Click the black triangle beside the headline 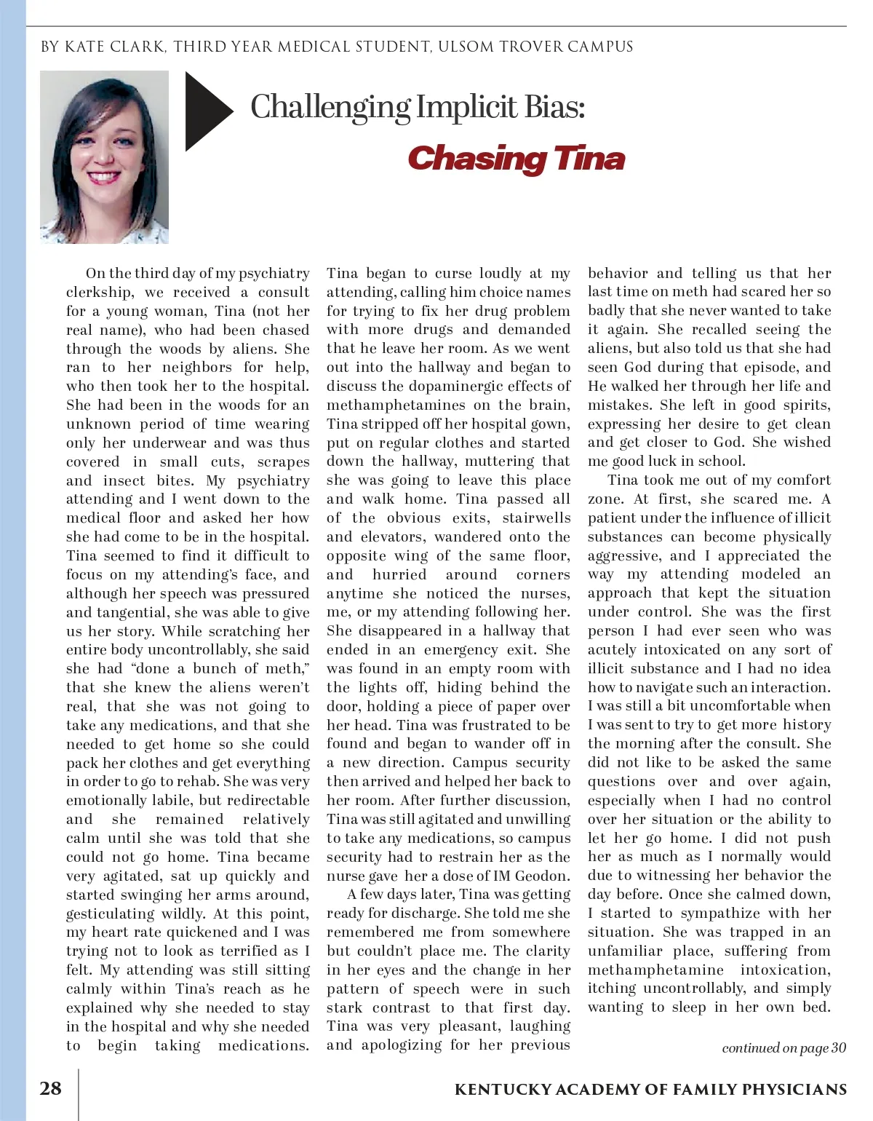(x=206, y=111)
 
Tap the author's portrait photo (x=104, y=157)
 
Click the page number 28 (x=50, y=1088)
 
